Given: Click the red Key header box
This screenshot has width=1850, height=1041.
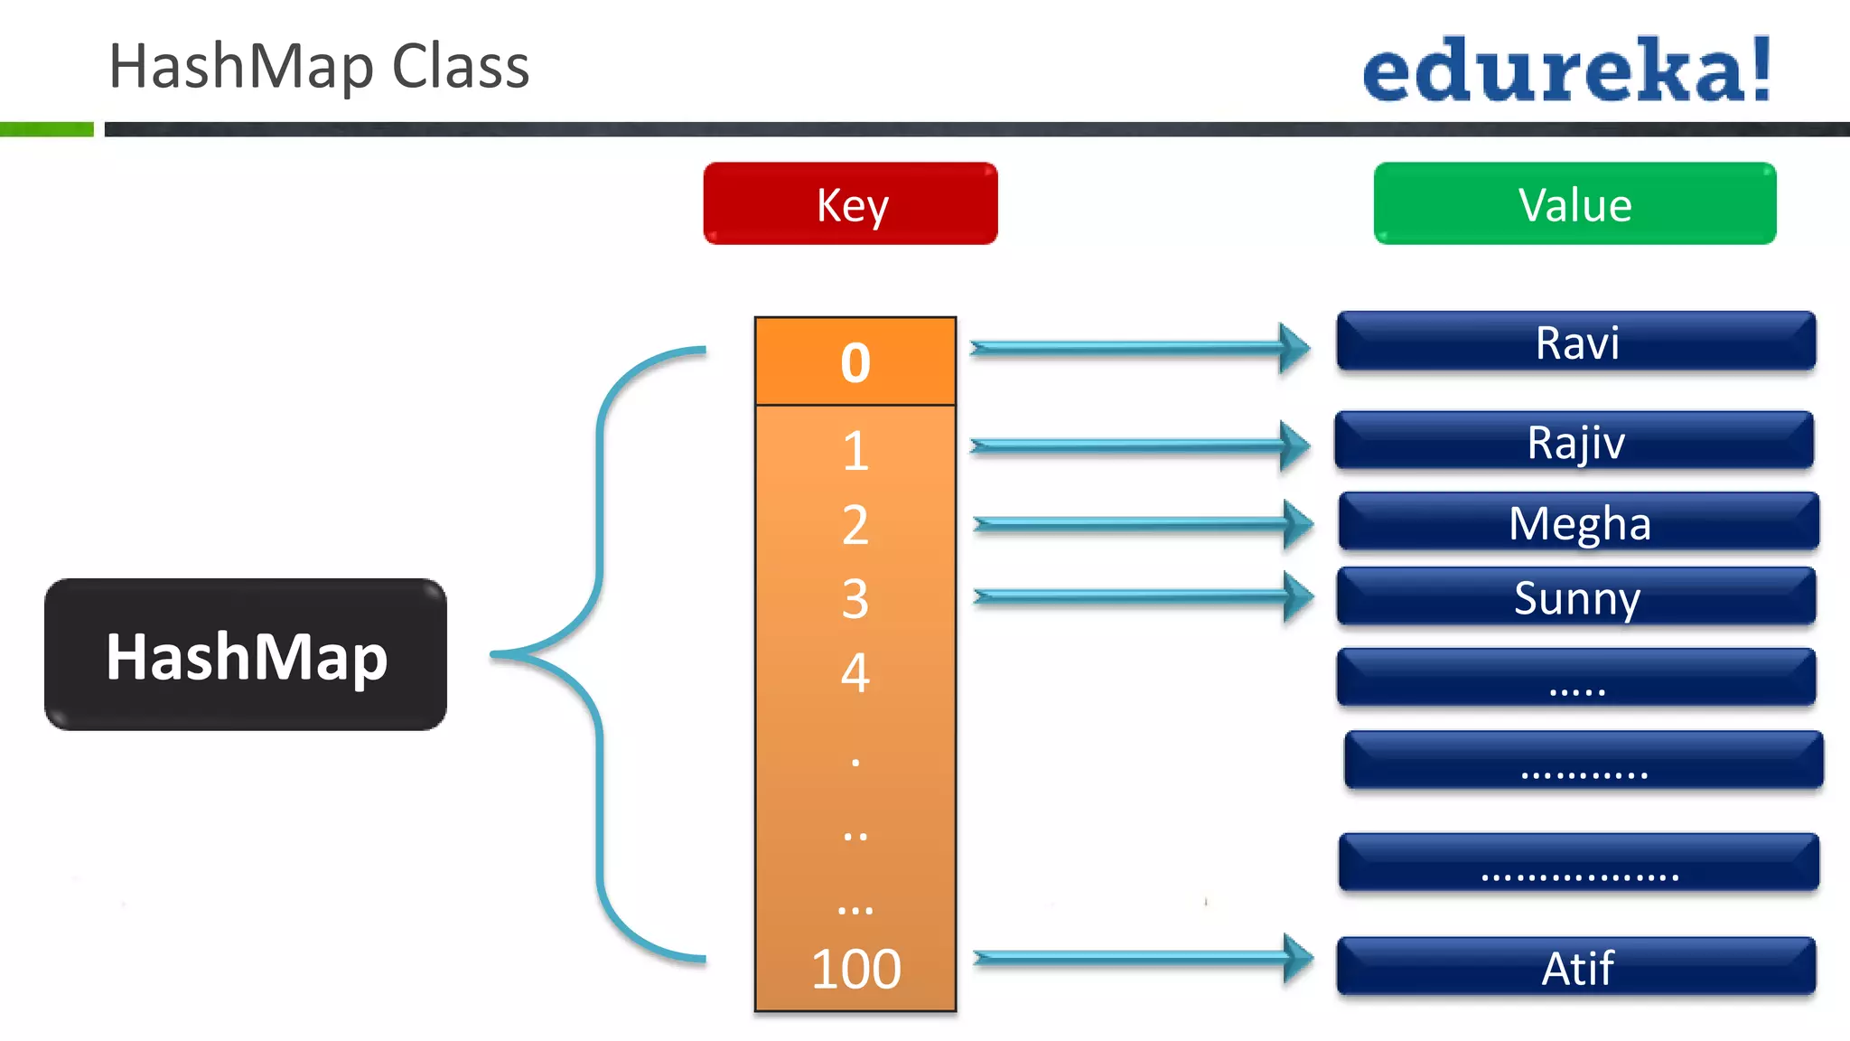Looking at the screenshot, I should coord(850,203).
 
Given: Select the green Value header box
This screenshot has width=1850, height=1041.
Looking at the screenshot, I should coord(1574,203).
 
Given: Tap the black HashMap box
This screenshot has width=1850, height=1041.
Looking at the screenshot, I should coord(246,654).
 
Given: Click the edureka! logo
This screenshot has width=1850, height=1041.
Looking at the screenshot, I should coord(1566,70).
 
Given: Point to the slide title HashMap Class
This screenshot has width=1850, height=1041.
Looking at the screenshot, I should coord(318,66).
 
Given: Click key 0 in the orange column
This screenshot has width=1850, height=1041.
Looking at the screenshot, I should coord(855,361).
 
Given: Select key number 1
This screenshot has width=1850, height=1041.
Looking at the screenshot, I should coord(855,450).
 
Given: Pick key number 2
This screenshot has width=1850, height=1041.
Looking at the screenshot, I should coord(855,524).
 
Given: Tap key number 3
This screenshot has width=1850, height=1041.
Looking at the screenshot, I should coord(855,598).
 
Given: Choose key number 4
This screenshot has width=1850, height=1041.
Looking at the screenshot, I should coord(855,672).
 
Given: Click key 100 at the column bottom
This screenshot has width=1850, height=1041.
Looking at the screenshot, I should coord(855,969).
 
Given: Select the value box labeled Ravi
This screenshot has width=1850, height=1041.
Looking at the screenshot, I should coord(1575,342).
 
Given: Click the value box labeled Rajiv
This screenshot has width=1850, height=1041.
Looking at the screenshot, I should coord(1574,441).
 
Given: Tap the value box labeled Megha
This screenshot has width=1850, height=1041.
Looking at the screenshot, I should coord(1578,521).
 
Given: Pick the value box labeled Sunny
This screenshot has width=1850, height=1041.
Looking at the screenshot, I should coord(1575,596).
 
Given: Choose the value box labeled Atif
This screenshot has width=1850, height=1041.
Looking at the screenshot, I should coord(1575,967).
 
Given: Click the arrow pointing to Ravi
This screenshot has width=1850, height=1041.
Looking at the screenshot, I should coord(1138,348).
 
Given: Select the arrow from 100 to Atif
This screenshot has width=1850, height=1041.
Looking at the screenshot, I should coord(1142,958).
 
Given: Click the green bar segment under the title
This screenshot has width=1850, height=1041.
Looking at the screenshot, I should coord(46,129).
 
